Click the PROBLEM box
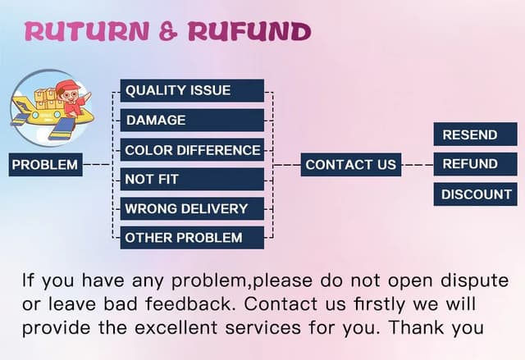pos(45,164)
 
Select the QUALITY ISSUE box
pos(192,90)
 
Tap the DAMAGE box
pos(192,120)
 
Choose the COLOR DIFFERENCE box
pos(192,150)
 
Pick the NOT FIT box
pos(192,179)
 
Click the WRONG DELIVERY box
pos(192,208)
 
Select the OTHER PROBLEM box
pos(192,238)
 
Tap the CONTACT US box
pos(350,164)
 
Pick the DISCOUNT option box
pos(475,194)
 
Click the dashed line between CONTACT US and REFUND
pos(418,164)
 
